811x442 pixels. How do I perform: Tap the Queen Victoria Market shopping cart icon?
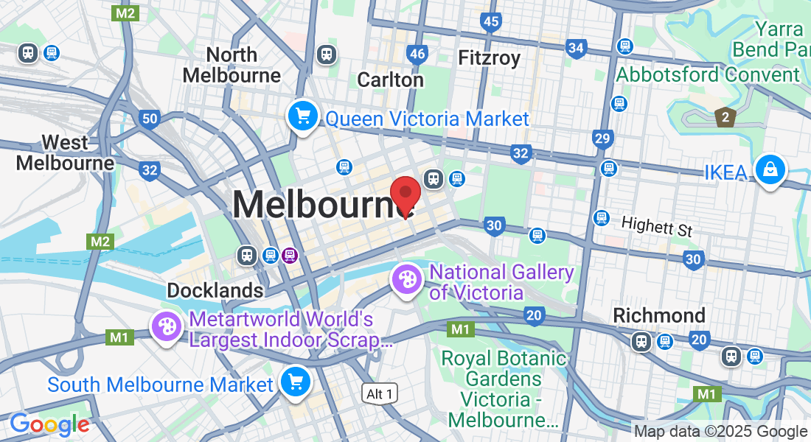(302, 116)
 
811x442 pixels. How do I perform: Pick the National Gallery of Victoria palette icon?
(407, 279)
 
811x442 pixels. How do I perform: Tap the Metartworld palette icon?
(167, 326)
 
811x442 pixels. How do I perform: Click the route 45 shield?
(491, 22)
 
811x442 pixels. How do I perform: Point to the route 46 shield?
(417, 54)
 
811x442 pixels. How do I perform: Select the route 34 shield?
(577, 49)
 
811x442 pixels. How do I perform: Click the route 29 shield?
(602, 138)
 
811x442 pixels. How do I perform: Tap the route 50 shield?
(150, 119)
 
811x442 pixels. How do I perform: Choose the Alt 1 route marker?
(380, 394)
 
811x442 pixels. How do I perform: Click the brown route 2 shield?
(725, 117)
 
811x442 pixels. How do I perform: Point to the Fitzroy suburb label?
(489, 57)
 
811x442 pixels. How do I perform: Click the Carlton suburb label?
(390, 80)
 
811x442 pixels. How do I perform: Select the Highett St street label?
(657, 226)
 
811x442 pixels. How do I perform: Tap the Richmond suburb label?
(659, 315)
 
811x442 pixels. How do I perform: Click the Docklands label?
(215, 290)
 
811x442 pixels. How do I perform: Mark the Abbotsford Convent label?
(708, 75)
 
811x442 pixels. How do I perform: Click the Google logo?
(49, 424)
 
